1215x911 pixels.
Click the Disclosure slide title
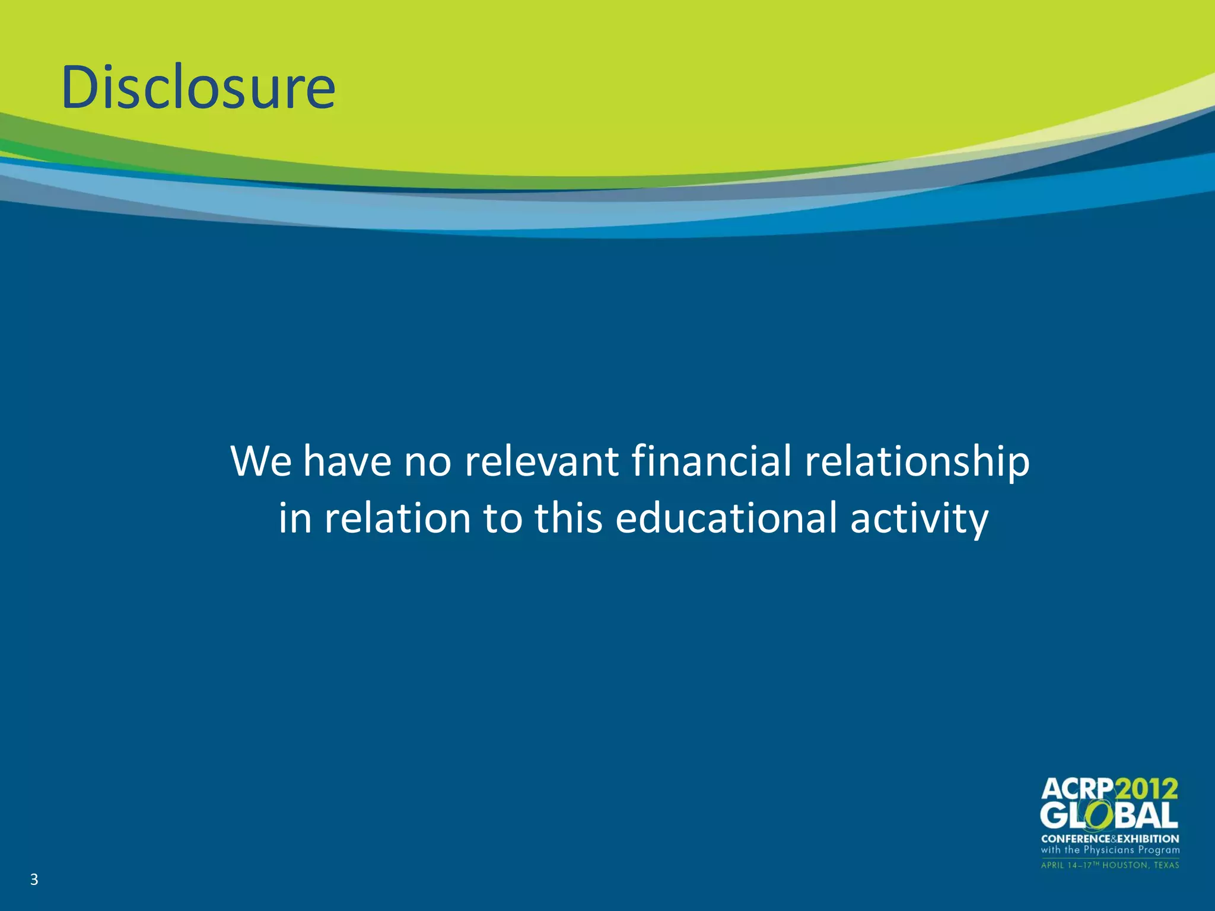click(199, 87)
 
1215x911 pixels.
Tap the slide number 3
click(34, 880)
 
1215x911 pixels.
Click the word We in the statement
click(261, 461)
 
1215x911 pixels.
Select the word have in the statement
click(347, 461)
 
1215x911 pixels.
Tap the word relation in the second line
click(397, 518)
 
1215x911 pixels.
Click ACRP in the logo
click(1077, 789)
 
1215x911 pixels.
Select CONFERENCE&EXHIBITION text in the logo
click(1110, 839)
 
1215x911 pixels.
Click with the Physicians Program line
click(1110, 850)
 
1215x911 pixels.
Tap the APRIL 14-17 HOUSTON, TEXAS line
click(1110, 865)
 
